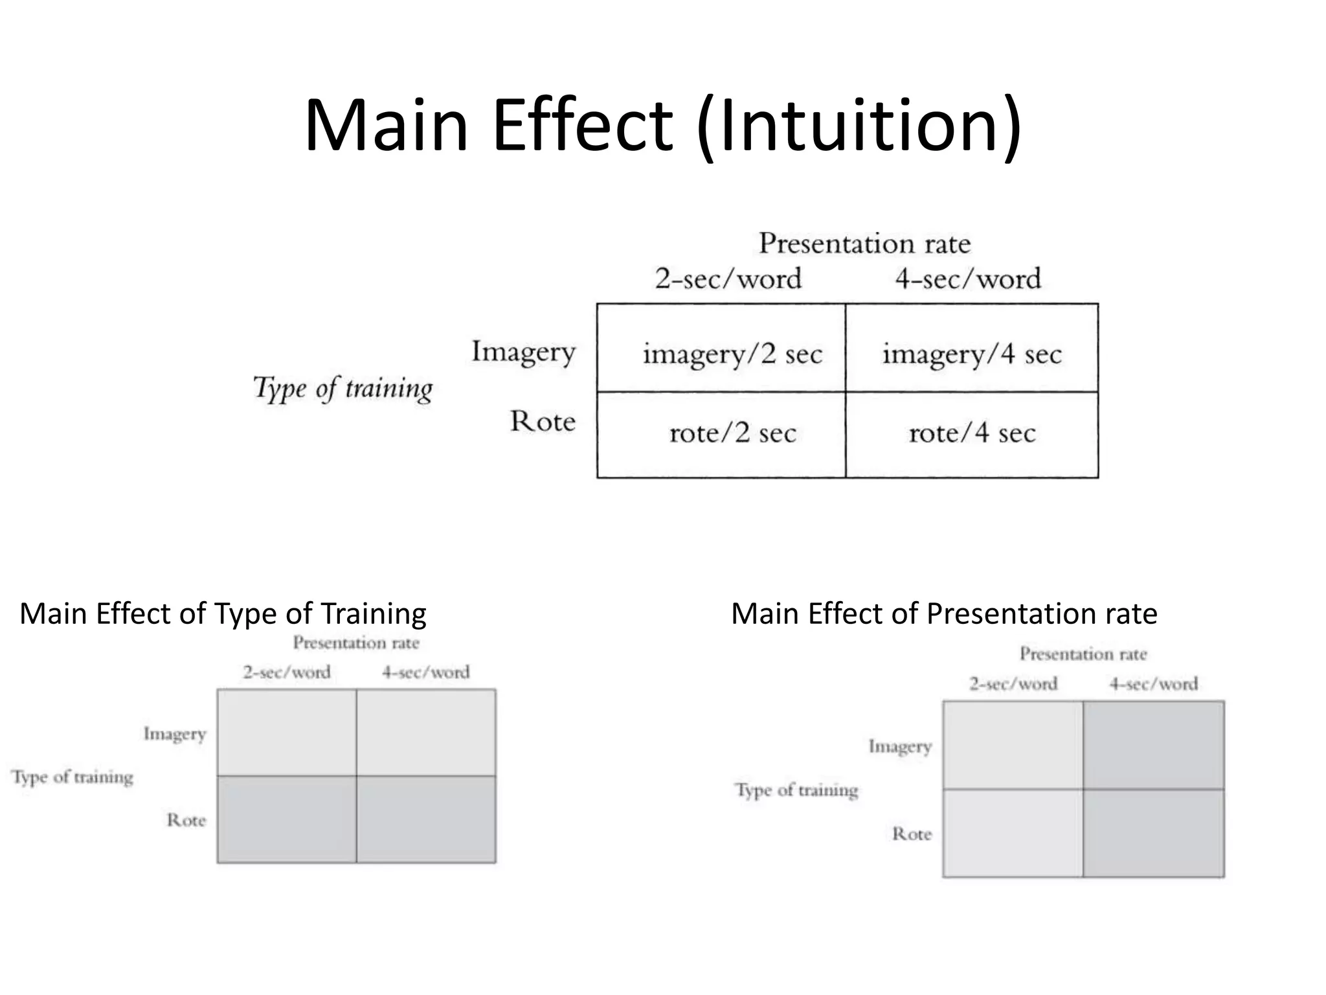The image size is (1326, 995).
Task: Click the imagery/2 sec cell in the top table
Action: point(732,354)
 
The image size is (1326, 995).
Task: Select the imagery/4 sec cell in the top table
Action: point(972,354)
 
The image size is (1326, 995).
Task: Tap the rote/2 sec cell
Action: point(732,433)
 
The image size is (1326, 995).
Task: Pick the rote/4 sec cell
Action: point(972,433)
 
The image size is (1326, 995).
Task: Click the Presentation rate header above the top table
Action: point(864,244)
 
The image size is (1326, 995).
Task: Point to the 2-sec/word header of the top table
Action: point(728,279)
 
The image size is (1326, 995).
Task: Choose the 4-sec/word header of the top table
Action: point(968,279)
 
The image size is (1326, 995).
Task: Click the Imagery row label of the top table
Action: point(523,352)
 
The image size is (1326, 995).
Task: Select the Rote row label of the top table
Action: point(543,421)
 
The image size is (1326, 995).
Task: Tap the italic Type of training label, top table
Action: point(343,389)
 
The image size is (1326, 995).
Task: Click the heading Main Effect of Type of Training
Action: point(223,613)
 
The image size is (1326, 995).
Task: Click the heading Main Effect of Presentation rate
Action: point(944,613)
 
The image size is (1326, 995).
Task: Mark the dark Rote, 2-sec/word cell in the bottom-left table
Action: point(287,819)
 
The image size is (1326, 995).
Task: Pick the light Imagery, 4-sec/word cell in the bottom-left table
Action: point(426,733)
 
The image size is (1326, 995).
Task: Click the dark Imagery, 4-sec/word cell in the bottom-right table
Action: point(1154,745)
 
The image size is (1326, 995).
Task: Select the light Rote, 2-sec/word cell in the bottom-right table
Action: point(1013,833)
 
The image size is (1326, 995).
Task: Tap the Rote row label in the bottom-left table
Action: point(186,820)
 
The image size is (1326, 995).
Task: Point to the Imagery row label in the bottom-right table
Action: point(900,746)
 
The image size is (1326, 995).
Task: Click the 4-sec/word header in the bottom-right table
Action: point(1154,684)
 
